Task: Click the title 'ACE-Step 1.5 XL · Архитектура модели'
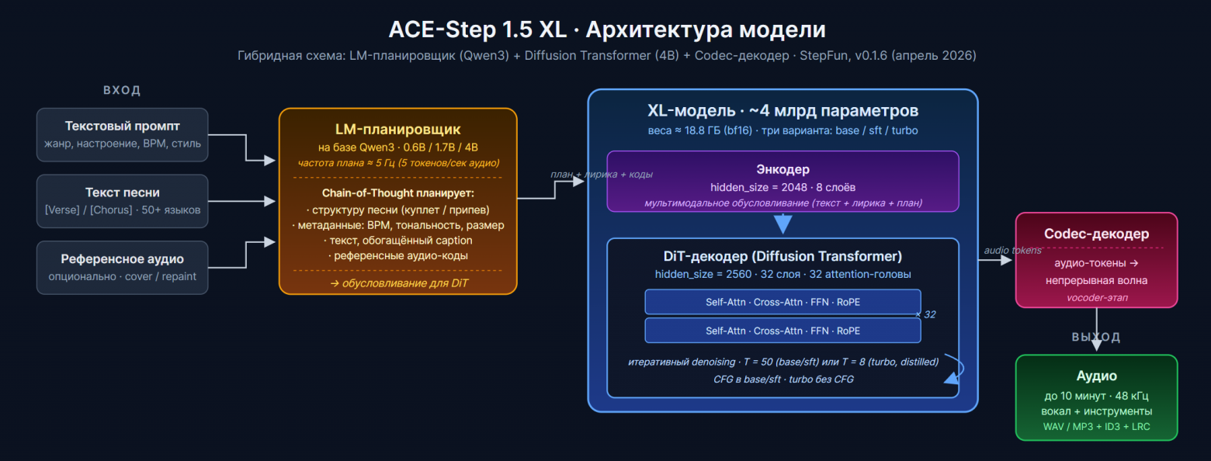[x=606, y=29]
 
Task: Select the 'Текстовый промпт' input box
[x=123, y=134]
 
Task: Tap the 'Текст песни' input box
[x=123, y=201]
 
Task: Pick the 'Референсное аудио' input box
[x=123, y=268]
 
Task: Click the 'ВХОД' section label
[x=122, y=90]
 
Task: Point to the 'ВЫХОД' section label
[x=1096, y=337]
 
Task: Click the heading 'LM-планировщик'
[x=397, y=129]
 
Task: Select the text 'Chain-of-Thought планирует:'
[x=397, y=193]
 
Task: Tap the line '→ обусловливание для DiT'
[x=397, y=283]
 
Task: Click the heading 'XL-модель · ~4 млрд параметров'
[x=782, y=110]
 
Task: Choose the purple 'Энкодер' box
[x=782, y=181]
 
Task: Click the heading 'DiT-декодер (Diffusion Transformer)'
[x=782, y=256]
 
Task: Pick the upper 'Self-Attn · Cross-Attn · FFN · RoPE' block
[x=782, y=302]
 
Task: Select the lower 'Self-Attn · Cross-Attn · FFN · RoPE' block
[x=782, y=331]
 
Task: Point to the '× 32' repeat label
[x=925, y=314]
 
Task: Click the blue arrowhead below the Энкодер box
[x=782, y=224]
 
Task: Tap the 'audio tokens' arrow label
[x=1012, y=250]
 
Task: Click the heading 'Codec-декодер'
[x=1096, y=234]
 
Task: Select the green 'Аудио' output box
[x=1096, y=397]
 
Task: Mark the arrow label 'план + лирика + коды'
[x=602, y=174]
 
